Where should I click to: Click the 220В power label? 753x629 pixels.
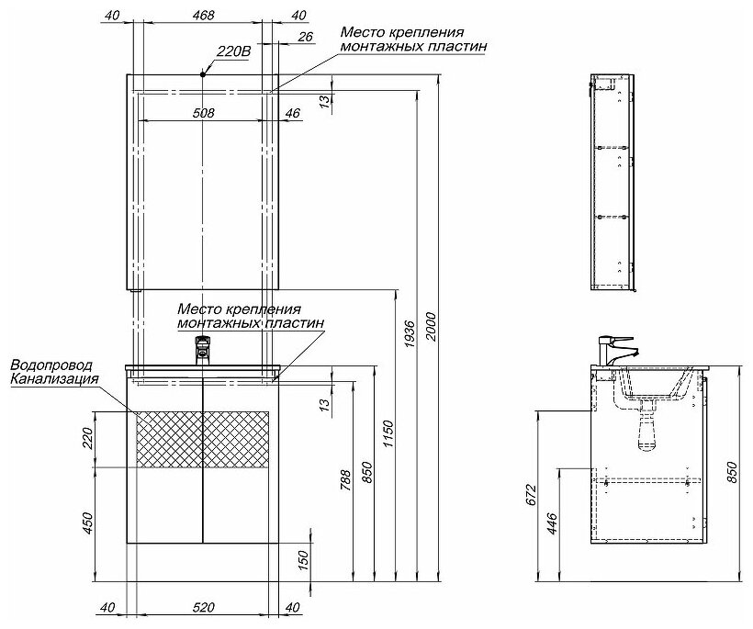233,51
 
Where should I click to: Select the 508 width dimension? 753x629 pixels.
203,113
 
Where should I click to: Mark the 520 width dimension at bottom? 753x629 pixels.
203,607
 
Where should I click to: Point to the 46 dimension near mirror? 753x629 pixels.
294,113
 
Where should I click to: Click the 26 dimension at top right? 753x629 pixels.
306,37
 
